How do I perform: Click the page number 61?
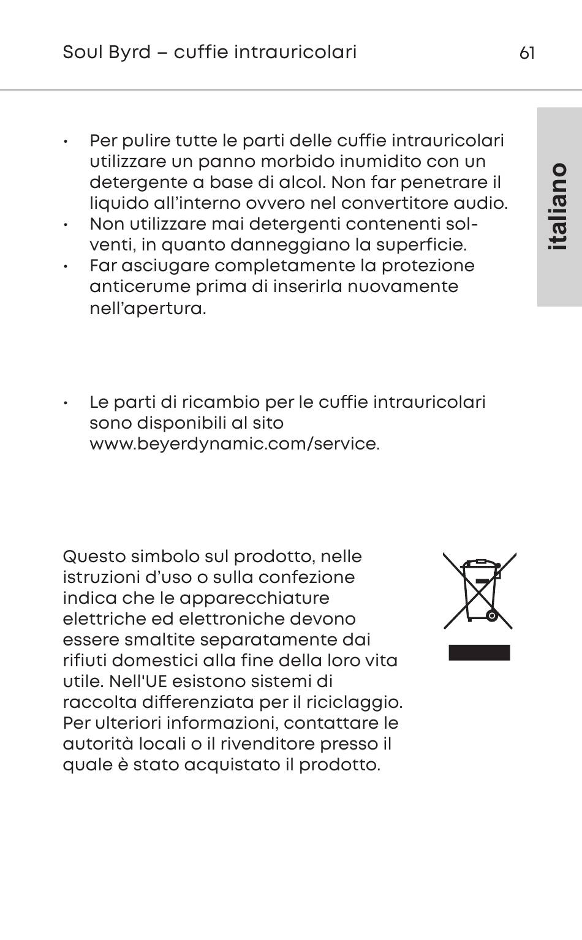click(x=527, y=53)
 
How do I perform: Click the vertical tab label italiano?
click(x=558, y=206)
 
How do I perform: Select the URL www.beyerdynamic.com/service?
click(x=235, y=444)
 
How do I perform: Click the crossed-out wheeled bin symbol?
click(x=480, y=591)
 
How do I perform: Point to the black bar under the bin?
click(x=479, y=653)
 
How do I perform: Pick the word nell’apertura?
click(x=148, y=308)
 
